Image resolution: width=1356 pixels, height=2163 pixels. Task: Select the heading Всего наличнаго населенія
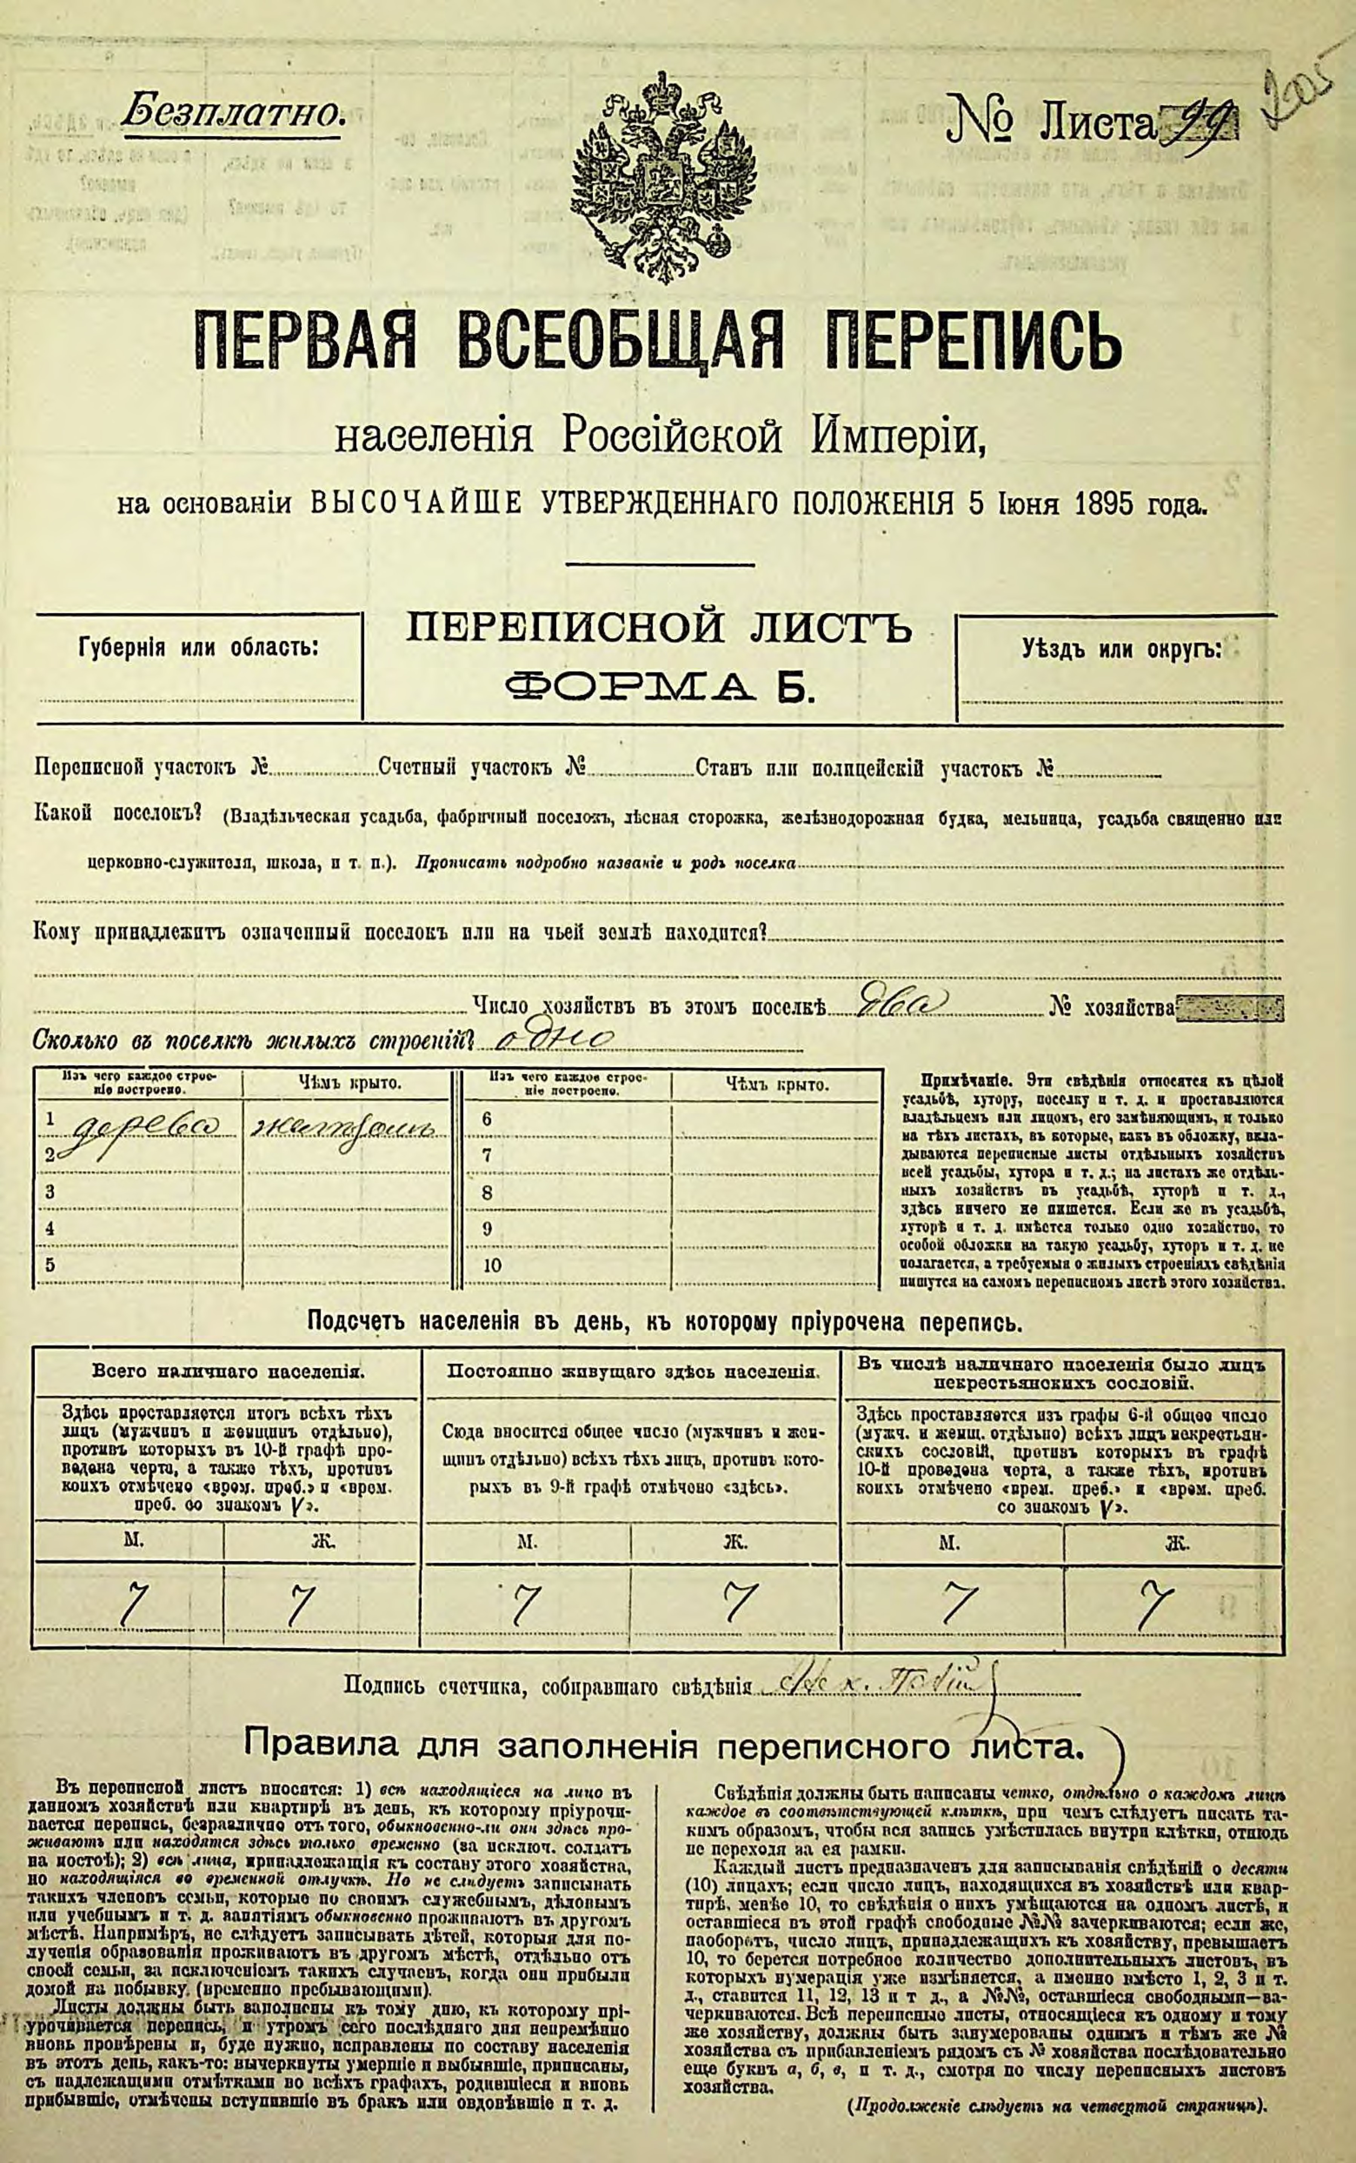(228, 1372)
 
